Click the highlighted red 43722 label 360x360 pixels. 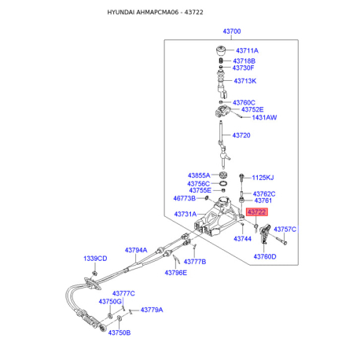[257, 211]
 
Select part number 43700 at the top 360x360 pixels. [232, 31]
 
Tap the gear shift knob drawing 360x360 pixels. [221, 50]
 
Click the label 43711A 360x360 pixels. [247, 50]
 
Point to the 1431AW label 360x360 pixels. [264, 117]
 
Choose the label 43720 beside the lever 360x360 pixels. [241, 135]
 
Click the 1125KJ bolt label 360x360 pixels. [263, 178]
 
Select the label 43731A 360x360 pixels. [186, 214]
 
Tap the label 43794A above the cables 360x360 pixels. [136, 250]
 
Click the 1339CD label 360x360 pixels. [95, 259]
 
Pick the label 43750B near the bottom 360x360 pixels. [119, 332]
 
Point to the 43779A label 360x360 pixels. [152, 310]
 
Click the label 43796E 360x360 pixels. [176, 273]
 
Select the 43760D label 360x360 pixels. [265, 256]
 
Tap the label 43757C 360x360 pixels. [285, 230]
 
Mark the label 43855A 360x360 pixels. [199, 175]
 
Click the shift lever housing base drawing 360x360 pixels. [219, 217]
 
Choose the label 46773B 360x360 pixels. [185, 198]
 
